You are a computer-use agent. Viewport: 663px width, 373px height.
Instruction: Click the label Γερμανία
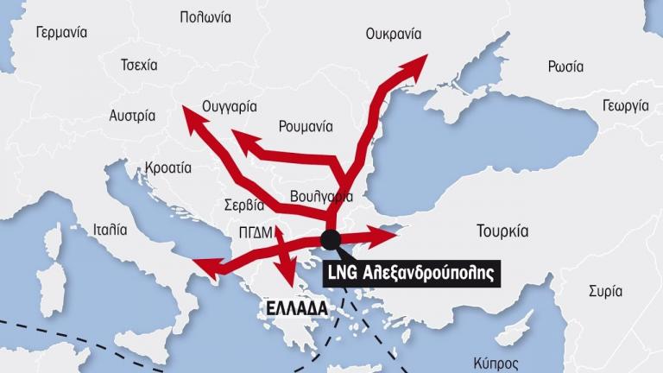[61, 33]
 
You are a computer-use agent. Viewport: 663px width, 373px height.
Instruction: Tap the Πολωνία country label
[205, 16]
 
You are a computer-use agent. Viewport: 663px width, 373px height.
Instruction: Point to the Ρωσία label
[565, 66]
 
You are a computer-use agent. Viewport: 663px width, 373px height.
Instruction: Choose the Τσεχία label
[140, 66]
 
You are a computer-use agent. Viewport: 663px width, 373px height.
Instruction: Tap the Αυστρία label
[132, 115]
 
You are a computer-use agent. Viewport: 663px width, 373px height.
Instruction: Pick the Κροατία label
[168, 167]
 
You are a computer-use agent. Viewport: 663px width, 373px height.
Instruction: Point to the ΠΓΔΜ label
[258, 231]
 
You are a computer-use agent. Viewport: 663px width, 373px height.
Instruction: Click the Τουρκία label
[502, 231]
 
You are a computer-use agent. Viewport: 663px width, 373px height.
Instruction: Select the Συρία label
[605, 291]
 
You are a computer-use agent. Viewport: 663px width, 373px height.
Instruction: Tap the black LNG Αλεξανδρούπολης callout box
[411, 274]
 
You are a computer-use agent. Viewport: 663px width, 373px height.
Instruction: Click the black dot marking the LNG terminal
[331, 238]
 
